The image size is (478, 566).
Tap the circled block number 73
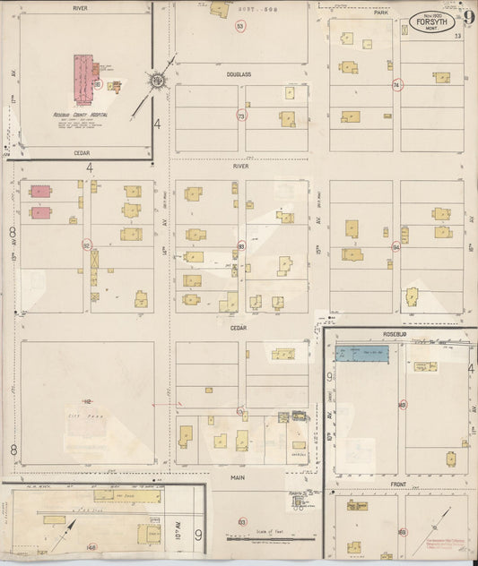click(240, 116)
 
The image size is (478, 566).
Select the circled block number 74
click(395, 85)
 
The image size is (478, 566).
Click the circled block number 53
click(240, 27)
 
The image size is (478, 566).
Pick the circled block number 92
click(87, 244)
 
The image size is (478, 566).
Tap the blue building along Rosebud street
click(361, 354)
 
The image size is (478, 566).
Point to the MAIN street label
click(238, 477)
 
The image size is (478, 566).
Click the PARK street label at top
click(382, 13)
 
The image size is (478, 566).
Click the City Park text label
click(83, 416)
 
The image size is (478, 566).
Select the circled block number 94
click(395, 246)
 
